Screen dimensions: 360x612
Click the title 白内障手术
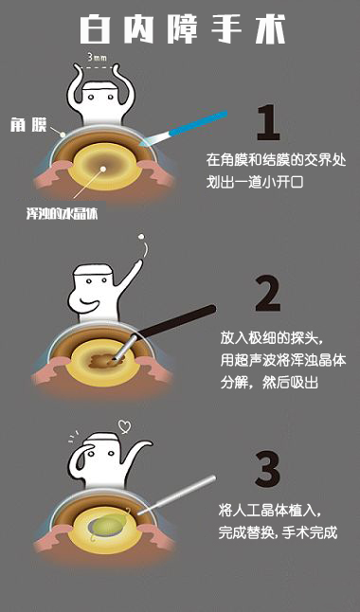pos(183,29)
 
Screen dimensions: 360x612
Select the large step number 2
pos(268,294)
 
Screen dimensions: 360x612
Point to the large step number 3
pos(268,469)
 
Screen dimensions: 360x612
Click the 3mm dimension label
pos(97,58)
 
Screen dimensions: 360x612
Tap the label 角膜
pos(28,125)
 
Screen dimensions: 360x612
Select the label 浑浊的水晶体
pos(62,214)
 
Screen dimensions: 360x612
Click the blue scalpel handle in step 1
pos(198,123)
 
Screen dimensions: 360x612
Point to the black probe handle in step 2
pos(175,321)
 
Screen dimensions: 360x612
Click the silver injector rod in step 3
pos(176,495)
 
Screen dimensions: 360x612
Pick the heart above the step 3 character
pos(125,426)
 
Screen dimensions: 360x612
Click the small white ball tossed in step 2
pos(141,237)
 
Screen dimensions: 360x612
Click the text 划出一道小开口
pos(255,182)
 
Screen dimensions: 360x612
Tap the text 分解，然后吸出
pos(269,383)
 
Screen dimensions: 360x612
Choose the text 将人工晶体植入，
pos(271,511)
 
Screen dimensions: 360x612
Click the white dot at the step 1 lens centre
pos(103,170)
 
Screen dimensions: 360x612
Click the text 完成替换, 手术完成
pos(278,532)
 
